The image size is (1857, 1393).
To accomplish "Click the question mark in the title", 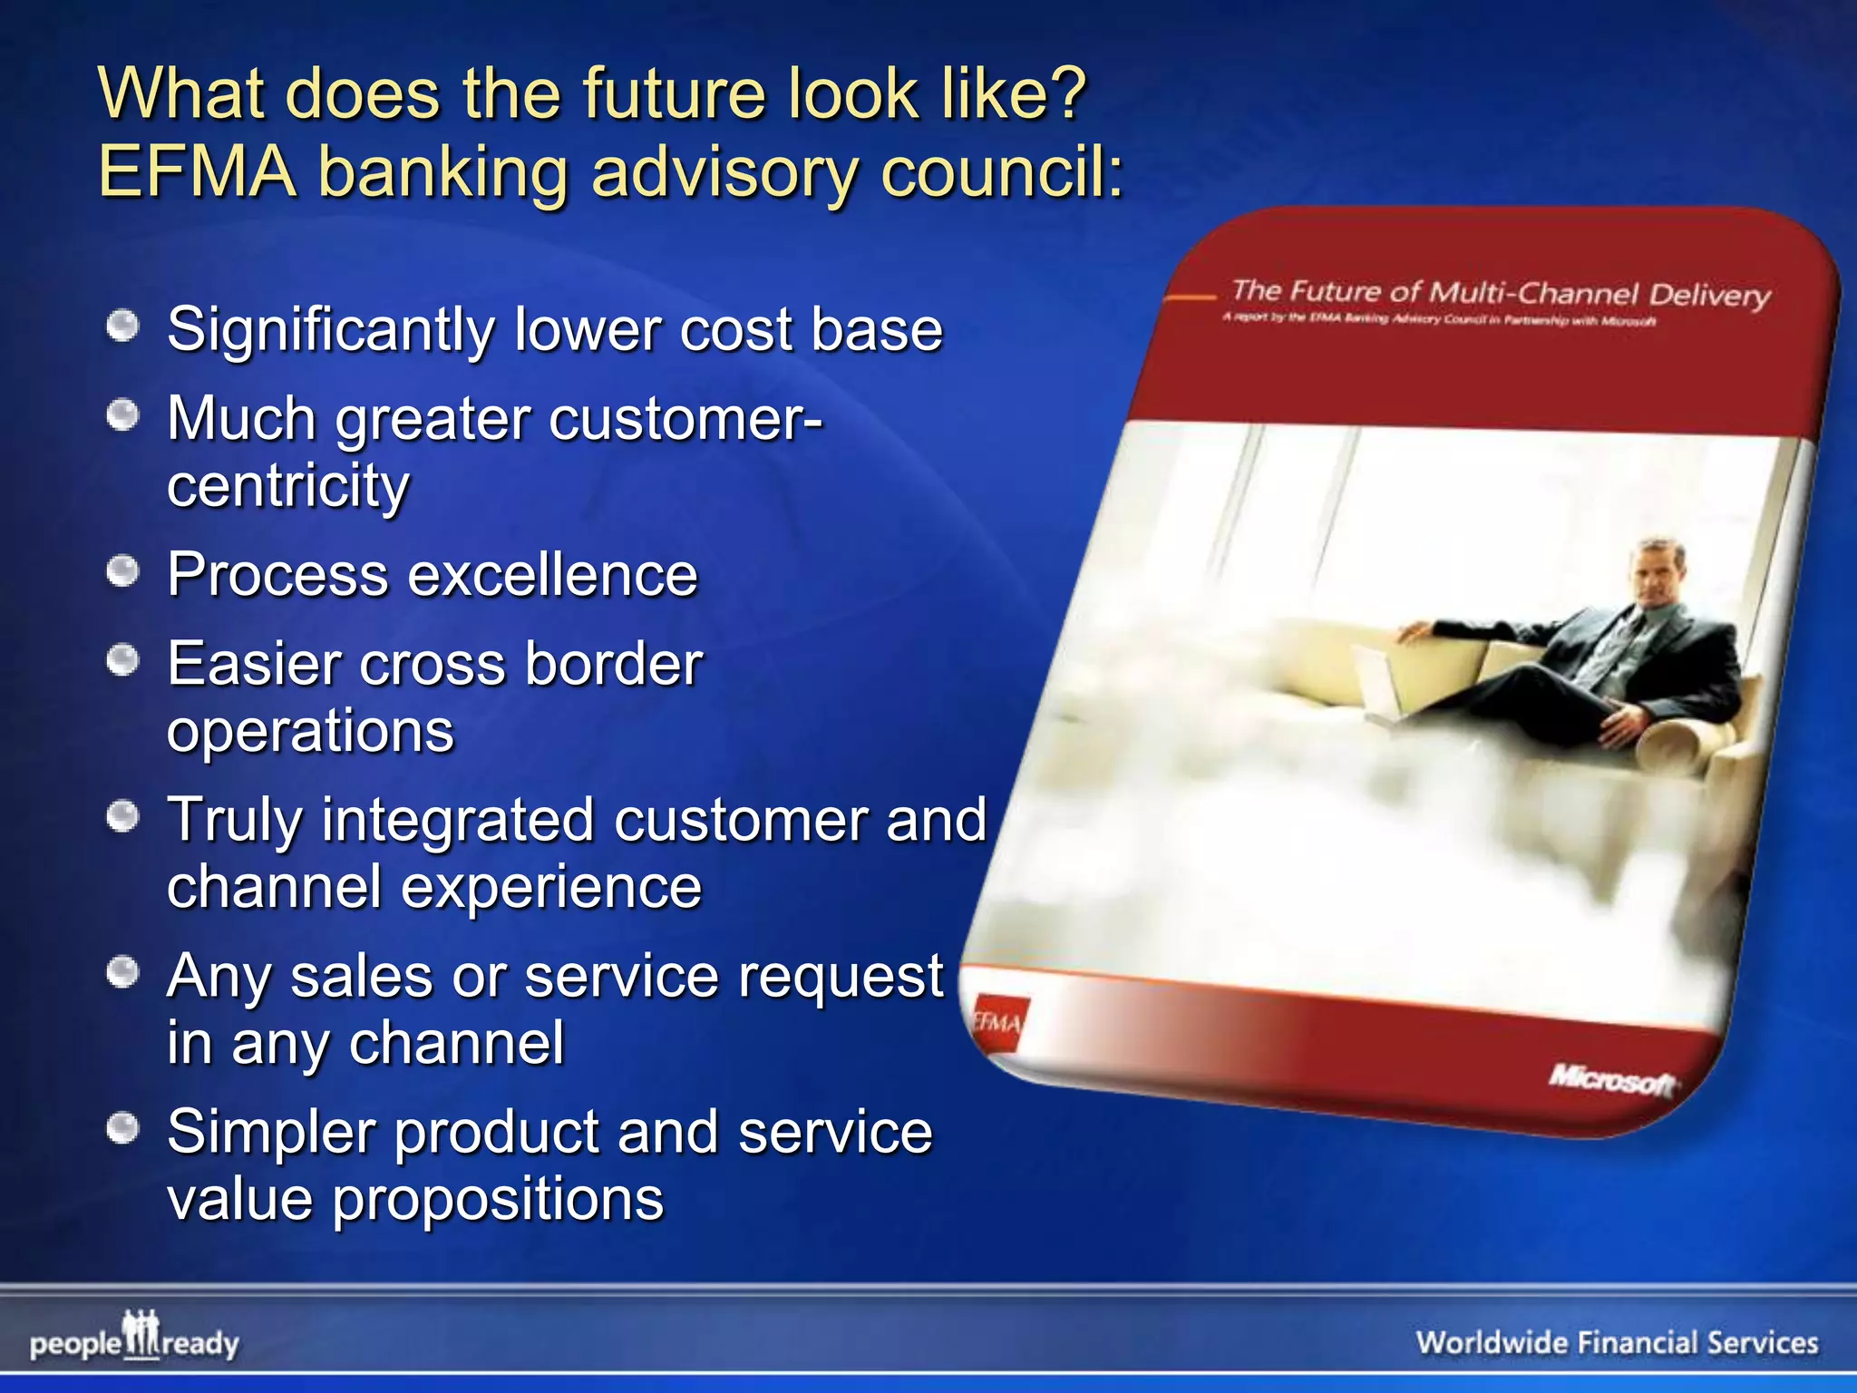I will [1063, 94].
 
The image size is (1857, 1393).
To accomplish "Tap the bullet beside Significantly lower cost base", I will [122, 326].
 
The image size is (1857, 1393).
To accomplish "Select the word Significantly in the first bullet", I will [330, 330].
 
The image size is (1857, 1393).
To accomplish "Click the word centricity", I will [287, 486].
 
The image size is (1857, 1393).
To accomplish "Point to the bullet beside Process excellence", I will [122, 572].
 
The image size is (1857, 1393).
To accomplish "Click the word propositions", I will [498, 1200].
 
